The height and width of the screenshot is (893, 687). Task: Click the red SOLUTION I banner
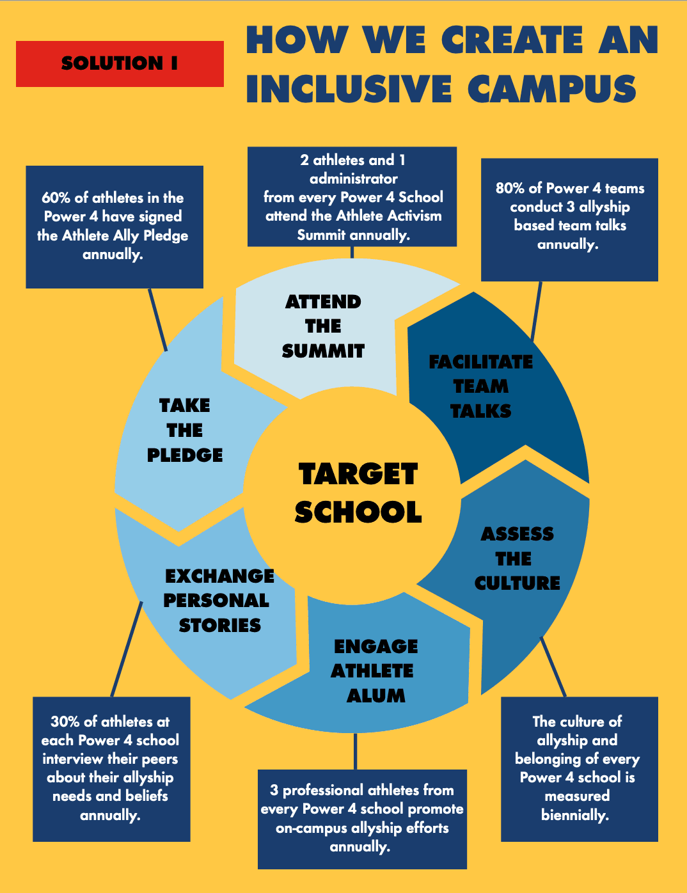click(120, 64)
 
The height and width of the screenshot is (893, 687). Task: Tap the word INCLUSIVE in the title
click(349, 89)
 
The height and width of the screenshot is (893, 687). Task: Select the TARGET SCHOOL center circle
click(352, 494)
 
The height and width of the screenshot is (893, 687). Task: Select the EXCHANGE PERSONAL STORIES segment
click(210, 604)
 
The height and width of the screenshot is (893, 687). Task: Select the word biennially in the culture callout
click(575, 816)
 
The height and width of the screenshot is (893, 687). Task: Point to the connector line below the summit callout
click(352, 252)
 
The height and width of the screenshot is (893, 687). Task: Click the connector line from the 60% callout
click(158, 320)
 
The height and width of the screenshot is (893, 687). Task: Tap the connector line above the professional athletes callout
click(356, 751)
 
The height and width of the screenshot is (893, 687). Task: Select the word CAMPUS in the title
click(552, 89)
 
